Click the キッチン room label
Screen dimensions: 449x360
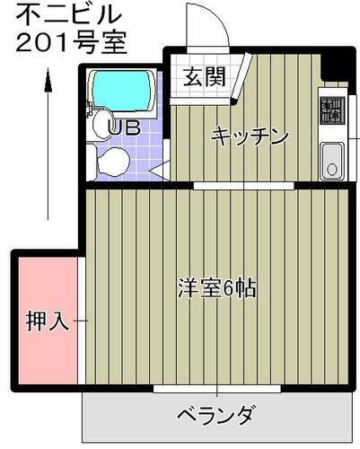click(249, 136)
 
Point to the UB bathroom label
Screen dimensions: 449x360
click(123, 128)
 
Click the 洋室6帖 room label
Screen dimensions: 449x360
click(215, 289)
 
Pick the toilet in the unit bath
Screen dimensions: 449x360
click(110, 162)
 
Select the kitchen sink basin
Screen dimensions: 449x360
click(331, 162)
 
